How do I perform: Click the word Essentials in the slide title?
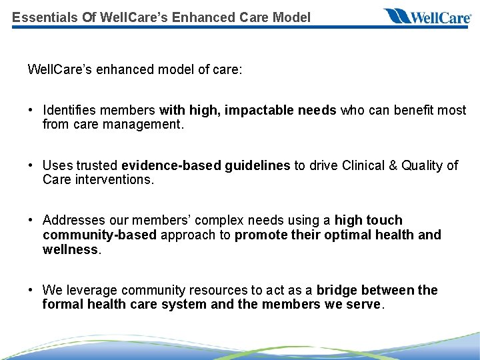[x=41, y=17]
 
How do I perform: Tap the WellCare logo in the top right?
[x=427, y=17]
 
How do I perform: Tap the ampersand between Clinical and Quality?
[x=395, y=165]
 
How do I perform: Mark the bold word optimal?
[x=348, y=235]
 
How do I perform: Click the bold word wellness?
[x=70, y=249]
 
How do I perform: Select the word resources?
[x=217, y=290]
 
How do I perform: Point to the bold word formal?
[x=61, y=304]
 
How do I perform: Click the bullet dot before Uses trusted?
[x=31, y=165]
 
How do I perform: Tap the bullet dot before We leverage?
[x=31, y=290]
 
